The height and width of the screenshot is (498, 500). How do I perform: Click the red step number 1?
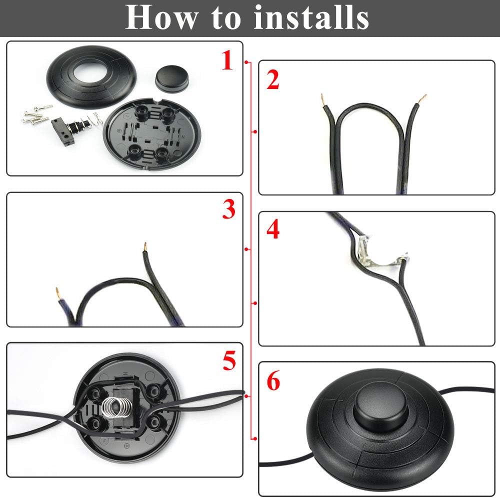click(x=227, y=61)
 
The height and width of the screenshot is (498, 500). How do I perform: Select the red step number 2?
click(x=272, y=80)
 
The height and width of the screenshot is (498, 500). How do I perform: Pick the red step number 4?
click(x=273, y=230)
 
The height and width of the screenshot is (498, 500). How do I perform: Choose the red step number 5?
click(x=229, y=361)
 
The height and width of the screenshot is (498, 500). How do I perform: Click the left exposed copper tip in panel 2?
click(x=322, y=96)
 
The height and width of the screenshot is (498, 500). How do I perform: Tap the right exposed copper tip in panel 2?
click(x=424, y=96)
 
